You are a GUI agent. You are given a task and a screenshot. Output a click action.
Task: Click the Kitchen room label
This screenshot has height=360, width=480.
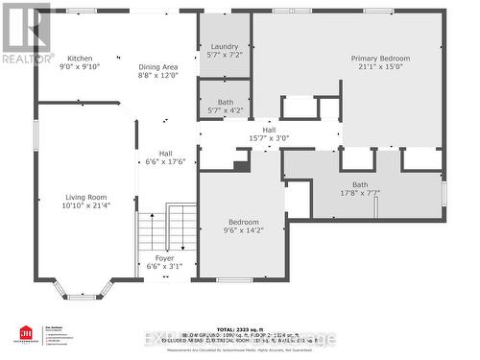(80, 58)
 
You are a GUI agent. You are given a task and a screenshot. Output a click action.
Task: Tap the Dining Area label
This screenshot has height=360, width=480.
(158, 65)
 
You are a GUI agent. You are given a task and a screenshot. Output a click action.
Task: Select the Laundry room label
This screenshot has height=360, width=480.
(225, 46)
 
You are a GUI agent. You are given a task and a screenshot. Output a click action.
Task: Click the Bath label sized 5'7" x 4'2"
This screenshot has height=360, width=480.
(225, 102)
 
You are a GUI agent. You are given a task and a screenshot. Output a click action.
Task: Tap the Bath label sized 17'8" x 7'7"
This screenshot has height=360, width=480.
(359, 184)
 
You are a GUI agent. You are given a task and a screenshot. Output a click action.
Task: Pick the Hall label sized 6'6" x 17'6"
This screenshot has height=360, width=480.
(165, 153)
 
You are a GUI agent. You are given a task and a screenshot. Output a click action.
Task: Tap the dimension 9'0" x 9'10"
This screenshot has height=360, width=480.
(80, 67)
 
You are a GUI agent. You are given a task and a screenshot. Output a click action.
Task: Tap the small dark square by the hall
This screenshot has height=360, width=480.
(241, 163)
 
